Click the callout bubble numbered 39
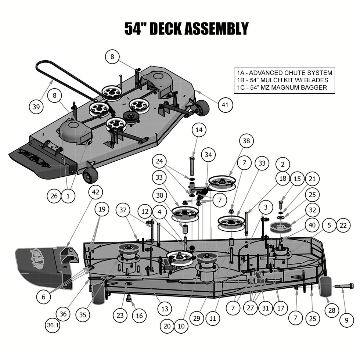pos(36,107)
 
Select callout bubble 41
pos(225,105)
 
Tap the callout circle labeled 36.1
pos(53,325)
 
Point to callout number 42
pos(96,192)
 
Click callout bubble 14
pos(199,130)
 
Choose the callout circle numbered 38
pos(246,141)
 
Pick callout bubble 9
pos(346,320)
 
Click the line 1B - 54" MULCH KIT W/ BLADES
pos(282,80)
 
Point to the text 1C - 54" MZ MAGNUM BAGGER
pos(282,87)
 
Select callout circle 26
pos(54,196)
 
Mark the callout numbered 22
pos(343,226)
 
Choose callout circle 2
pos(282,164)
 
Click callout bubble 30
pos(159,196)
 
